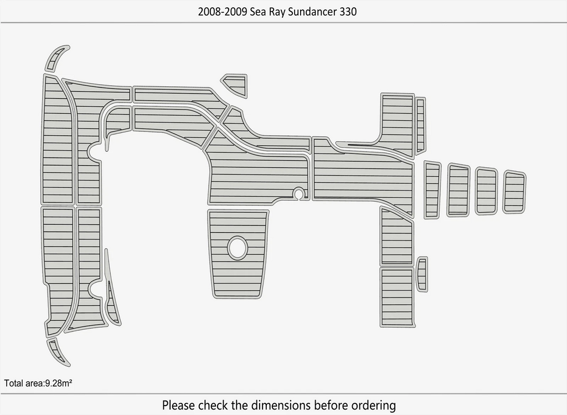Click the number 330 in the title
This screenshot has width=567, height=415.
pos(348,12)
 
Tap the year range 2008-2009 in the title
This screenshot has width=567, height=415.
pos(223,12)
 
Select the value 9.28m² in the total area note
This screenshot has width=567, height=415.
pos(58,383)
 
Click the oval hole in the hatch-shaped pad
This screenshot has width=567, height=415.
pos(238,248)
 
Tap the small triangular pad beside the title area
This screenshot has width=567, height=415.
pos(235,85)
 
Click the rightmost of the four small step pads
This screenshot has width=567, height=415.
pos(514,192)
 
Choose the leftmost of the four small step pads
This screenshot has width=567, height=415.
pos(432,189)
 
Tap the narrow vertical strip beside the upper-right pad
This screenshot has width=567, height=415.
pos(420,125)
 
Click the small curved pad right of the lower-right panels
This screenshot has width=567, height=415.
pos(422,274)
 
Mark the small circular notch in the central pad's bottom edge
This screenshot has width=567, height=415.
pos(298,193)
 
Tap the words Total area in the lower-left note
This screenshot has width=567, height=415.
pos(23,383)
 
